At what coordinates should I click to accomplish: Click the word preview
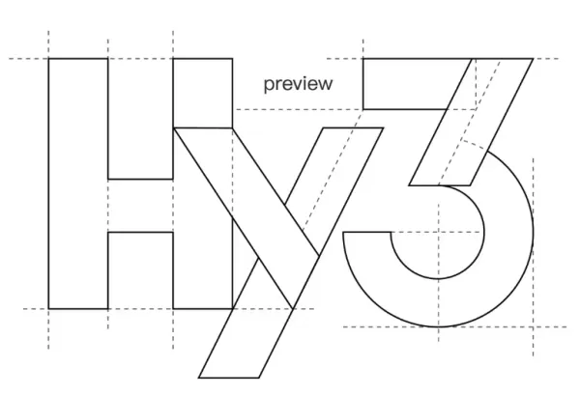pos(298,84)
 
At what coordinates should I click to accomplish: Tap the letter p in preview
pos(268,86)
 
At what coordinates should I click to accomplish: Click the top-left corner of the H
pos(48,58)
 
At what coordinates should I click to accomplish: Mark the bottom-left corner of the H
pos(48,308)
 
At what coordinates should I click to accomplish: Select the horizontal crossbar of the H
pos(140,206)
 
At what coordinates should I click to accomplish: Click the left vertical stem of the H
pos(78,183)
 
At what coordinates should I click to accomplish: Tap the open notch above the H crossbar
pos(140,119)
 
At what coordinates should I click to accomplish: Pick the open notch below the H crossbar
pos(140,270)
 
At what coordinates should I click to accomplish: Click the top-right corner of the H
pos(232,58)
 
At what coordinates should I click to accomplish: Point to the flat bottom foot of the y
pos(229,378)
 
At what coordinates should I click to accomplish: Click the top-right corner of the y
pos(383,127)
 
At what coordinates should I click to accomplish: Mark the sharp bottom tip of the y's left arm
pos(293,308)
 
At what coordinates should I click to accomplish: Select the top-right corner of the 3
pos(533,58)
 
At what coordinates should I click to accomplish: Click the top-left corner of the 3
pos(363,58)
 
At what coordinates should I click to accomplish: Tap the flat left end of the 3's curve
pos(367,232)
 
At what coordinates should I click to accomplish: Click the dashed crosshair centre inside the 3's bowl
pos(439,232)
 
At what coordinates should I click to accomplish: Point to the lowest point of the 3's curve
pos(439,327)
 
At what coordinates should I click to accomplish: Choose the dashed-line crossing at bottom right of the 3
pos(533,327)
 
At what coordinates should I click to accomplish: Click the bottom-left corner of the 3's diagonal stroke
pos(409,184)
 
